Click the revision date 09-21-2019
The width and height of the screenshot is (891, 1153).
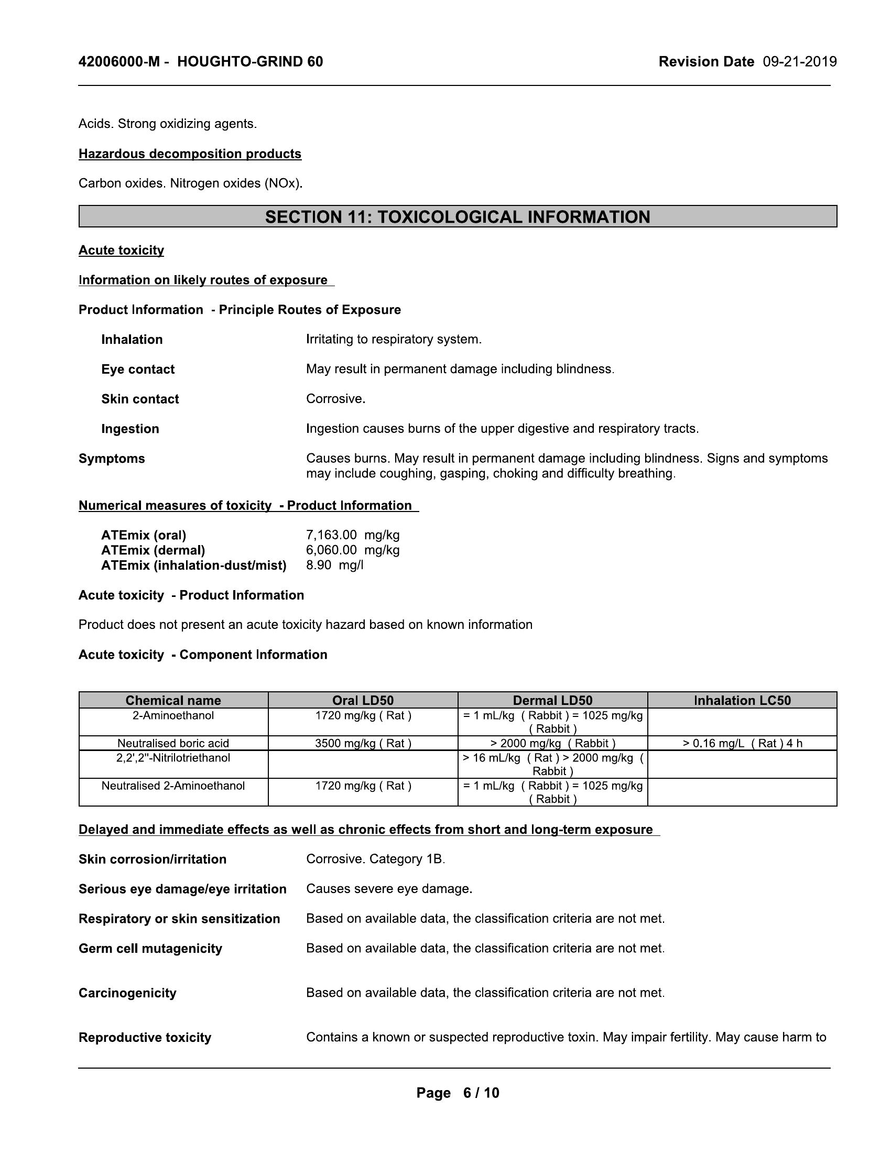[x=799, y=62]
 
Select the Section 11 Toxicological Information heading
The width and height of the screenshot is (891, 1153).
[x=457, y=217]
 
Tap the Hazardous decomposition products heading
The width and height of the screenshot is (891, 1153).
[x=190, y=154]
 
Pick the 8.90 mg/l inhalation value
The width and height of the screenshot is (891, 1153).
[x=335, y=565]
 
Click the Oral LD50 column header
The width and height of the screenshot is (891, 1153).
[x=363, y=700]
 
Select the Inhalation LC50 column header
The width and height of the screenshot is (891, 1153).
[x=742, y=700]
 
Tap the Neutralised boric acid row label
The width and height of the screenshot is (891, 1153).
[x=173, y=743]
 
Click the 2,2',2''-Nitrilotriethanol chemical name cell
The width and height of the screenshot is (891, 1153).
[x=173, y=758]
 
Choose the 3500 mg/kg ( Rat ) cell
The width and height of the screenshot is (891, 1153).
[x=363, y=743]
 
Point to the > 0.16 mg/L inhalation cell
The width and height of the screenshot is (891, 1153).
[x=742, y=743]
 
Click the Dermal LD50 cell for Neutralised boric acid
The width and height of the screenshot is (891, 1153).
[x=552, y=743]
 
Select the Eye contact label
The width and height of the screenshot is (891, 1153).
[x=138, y=369]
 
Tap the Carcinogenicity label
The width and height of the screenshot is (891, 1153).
[x=127, y=993]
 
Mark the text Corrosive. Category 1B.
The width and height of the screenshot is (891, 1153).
[x=375, y=859]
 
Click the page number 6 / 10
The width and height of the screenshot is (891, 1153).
[x=480, y=1093]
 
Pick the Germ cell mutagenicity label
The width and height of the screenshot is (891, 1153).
[x=150, y=949]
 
